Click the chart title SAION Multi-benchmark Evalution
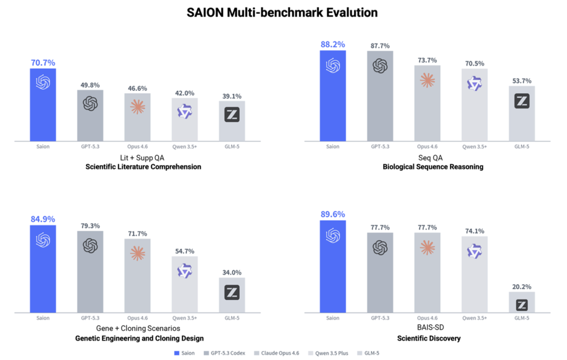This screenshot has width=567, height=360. point(283,12)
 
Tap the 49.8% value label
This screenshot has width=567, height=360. point(90,85)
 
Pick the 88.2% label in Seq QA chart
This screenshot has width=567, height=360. point(332,44)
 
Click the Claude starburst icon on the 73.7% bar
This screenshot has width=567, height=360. point(427,80)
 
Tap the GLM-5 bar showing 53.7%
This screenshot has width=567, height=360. point(522,113)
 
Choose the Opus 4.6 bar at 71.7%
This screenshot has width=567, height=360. point(137,275)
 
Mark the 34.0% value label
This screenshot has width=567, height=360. point(232,272)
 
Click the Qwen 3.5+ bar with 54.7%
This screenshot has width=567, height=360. point(184,284)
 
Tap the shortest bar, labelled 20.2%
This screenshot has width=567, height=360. point(522,302)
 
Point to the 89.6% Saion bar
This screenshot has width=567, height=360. point(332,266)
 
